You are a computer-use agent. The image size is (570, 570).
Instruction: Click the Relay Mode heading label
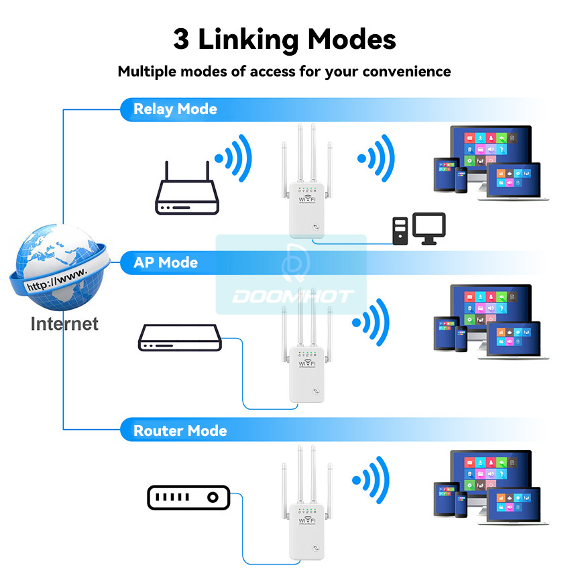175,109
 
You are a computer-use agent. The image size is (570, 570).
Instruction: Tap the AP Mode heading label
166,262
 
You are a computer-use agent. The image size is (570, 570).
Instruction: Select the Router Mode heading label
180,431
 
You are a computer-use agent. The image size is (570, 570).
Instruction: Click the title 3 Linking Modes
284,40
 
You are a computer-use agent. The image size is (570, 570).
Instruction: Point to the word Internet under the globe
64,324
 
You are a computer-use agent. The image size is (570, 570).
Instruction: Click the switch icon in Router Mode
188,498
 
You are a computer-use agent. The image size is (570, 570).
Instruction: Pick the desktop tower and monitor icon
419,229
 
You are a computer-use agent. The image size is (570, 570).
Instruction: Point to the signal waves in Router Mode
372,480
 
